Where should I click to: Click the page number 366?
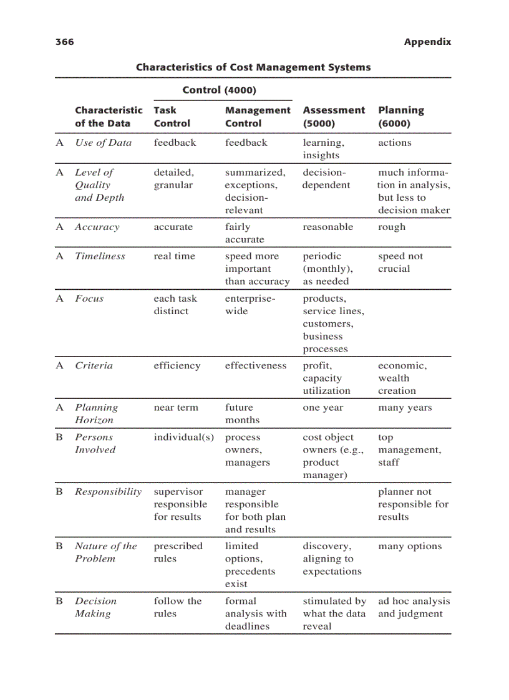pos(64,42)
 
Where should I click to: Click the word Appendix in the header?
pos(427,42)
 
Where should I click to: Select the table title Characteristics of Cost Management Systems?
pos(253,67)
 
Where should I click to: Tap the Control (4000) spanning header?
pos(220,90)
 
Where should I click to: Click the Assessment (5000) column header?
pos(334,117)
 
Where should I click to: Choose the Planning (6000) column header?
pos(401,117)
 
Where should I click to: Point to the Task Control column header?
pos(172,117)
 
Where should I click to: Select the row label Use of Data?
pos(103,142)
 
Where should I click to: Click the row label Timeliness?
pos(100,256)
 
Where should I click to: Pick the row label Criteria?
pos(94,365)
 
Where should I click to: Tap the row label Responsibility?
pos(109,491)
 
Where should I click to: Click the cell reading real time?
pos(174,256)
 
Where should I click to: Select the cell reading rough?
pos(392,227)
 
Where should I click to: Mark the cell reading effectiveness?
pos(256,365)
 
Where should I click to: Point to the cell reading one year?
pos(323,407)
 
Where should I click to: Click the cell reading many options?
pos(410,546)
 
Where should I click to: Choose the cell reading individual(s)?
pos(184,437)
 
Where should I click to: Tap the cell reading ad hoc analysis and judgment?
pos(414,607)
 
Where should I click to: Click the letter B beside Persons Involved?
pos(60,437)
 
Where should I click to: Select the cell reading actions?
pos(395,142)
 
